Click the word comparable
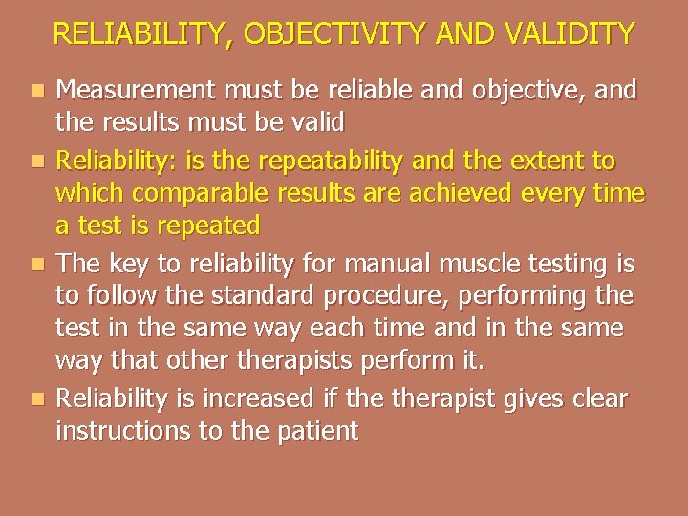coord(197,192)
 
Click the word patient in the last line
coord(314,432)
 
